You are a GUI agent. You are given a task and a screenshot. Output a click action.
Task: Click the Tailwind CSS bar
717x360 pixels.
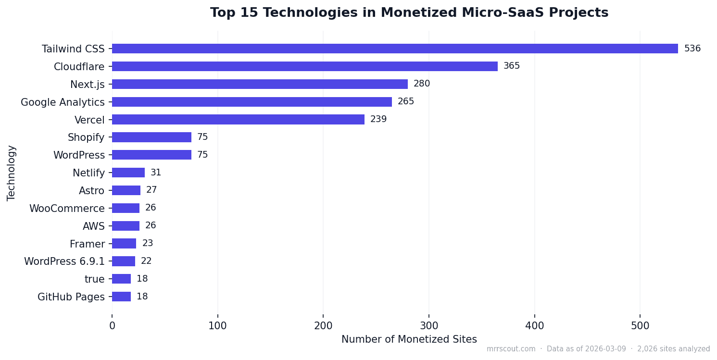(x=394, y=49)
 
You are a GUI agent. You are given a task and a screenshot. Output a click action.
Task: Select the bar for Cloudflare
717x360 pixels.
(x=304, y=66)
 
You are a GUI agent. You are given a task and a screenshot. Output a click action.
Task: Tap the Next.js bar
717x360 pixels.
(x=260, y=84)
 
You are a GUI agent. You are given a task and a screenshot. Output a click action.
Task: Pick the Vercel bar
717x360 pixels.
(x=238, y=119)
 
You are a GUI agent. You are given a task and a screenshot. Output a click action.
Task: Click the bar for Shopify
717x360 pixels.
(x=151, y=137)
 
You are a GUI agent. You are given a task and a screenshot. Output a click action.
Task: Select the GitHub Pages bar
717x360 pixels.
(x=121, y=297)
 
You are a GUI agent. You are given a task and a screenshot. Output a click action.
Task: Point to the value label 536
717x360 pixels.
(x=692, y=49)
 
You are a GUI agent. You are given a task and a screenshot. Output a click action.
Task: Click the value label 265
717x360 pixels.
(x=405, y=102)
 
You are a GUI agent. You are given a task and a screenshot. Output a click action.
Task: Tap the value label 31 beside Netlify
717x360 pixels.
(x=156, y=173)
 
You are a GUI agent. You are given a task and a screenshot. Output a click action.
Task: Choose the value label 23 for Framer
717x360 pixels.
(x=147, y=244)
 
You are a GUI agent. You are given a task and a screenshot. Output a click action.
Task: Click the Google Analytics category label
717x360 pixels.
(x=63, y=102)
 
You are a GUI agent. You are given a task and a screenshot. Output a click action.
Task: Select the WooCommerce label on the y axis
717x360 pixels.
(x=67, y=209)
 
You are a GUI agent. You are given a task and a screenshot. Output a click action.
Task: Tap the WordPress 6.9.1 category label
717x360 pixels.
(x=64, y=261)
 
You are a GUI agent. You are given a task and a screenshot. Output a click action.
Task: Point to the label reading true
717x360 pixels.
(x=94, y=279)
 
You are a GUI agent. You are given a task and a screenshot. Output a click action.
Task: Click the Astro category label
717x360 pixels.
(x=91, y=191)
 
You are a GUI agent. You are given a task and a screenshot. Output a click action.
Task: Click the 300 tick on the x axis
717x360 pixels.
(x=429, y=326)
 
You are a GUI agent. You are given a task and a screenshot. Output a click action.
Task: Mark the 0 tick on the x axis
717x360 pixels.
(x=112, y=326)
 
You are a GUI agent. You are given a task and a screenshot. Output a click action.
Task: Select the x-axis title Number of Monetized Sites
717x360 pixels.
(x=409, y=339)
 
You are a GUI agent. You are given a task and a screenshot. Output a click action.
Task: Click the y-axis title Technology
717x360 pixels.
(x=12, y=173)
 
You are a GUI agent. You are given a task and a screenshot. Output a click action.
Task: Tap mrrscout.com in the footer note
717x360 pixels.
(x=511, y=349)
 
